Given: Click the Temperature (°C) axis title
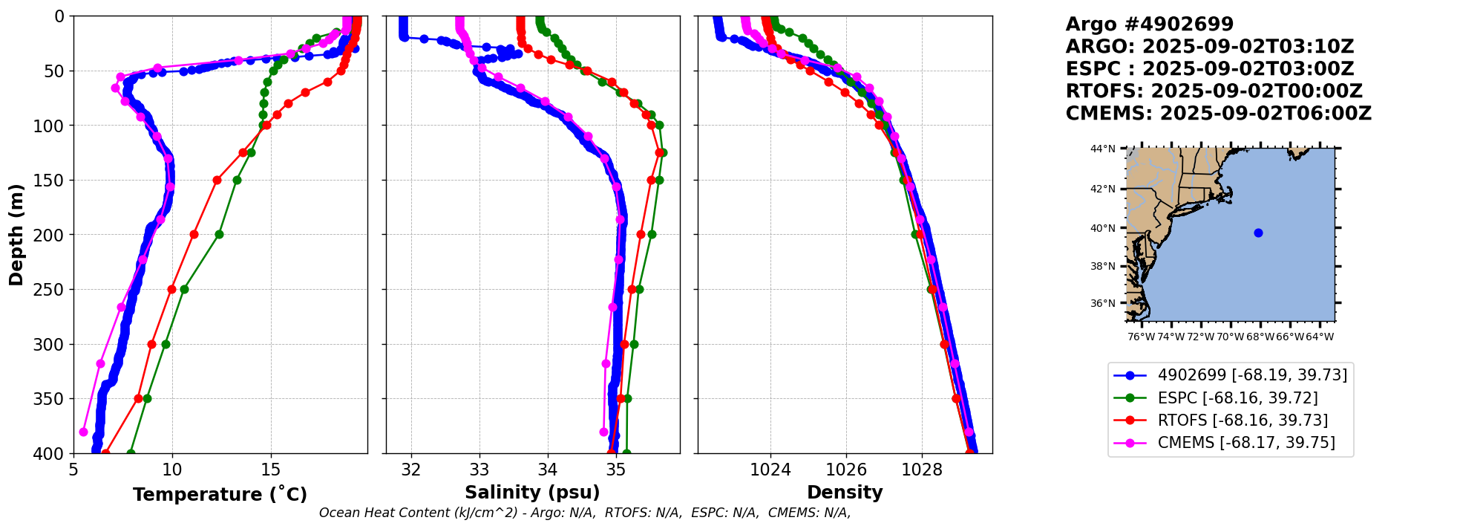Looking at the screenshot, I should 220,495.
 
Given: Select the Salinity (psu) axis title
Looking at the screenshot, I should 532,493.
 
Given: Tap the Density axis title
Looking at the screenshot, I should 845,493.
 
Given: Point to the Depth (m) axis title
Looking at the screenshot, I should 16,235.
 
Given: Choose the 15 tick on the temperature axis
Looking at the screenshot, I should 271,470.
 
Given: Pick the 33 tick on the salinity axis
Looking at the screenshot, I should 479,470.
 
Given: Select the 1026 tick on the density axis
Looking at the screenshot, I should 846,470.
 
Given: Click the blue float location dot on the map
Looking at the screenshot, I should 1258,233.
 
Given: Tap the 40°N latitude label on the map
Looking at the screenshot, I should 1102,228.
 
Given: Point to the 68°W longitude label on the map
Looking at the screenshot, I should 1260,337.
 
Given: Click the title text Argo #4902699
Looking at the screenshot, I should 1149,25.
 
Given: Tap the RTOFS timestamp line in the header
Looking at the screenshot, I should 1214,91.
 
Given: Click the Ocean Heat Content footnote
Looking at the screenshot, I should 585,513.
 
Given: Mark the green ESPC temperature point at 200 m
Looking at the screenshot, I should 219,234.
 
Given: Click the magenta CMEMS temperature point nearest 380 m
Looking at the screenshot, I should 83,432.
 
